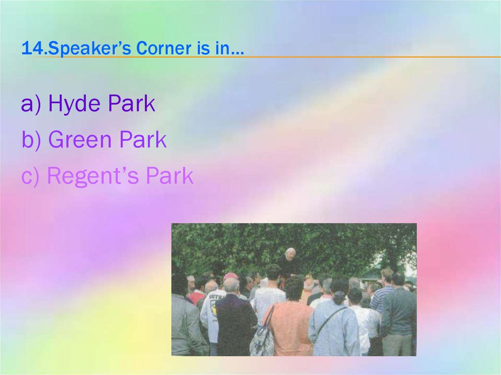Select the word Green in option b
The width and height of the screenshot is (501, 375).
click(x=80, y=140)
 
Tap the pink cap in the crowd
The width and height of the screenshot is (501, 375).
click(x=230, y=276)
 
